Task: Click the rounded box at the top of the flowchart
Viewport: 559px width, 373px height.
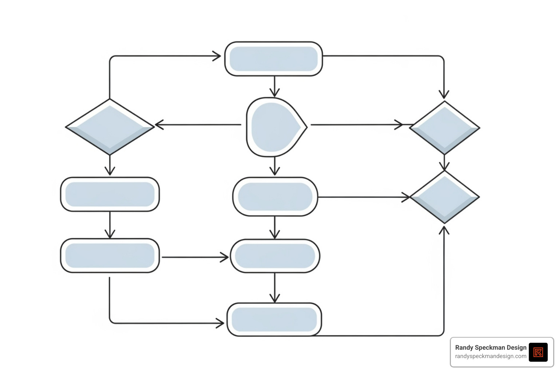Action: click(274, 59)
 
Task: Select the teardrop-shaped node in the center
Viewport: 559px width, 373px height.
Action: click(275, 127)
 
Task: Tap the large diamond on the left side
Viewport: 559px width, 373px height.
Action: click(110, 127)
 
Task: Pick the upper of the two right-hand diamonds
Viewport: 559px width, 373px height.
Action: click(444, 127)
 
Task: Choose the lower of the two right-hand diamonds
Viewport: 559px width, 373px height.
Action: click(444, 197)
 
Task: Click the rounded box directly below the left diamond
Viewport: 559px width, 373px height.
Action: click(110, 195)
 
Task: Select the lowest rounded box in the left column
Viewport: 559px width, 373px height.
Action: click(110, 256)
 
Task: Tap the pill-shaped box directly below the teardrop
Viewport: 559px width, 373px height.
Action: click(275, 197)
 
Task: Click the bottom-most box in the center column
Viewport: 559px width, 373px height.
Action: click(274, 319)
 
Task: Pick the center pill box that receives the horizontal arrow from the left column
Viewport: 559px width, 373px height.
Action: click(275, 256)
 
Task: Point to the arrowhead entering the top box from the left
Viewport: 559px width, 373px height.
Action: click(217, 56)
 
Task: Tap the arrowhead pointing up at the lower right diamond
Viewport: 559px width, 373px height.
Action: click(444, 230)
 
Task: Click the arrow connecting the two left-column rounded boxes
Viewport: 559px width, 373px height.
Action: click(110, 225)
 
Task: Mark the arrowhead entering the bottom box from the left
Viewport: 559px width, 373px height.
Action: click(220, 323)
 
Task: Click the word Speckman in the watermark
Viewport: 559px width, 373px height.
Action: click(492, 348)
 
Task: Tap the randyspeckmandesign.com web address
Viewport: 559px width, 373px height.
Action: click(491, 356)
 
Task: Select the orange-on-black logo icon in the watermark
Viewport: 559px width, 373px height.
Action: click(538, 352)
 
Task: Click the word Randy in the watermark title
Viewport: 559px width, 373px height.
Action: click(464, 348)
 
